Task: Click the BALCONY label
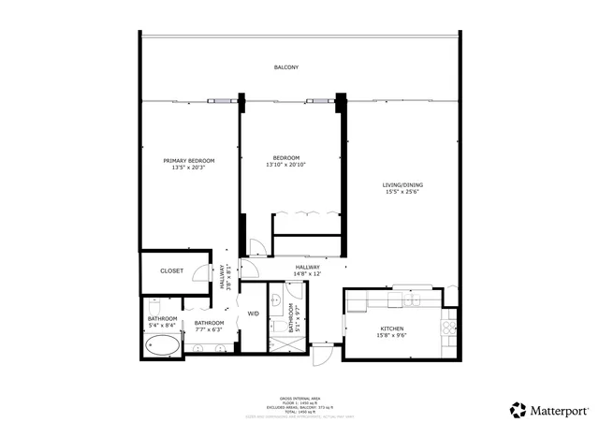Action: (x=286, y=68)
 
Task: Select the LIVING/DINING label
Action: (x=402, y=185)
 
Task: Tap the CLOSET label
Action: (x=171, y=271)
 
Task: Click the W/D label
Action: (x=253, y=313)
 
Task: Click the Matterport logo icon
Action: (x=517, y=409)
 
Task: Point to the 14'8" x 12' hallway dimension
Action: (x=308, y=274)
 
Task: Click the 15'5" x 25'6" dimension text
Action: (x=402, y=194)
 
